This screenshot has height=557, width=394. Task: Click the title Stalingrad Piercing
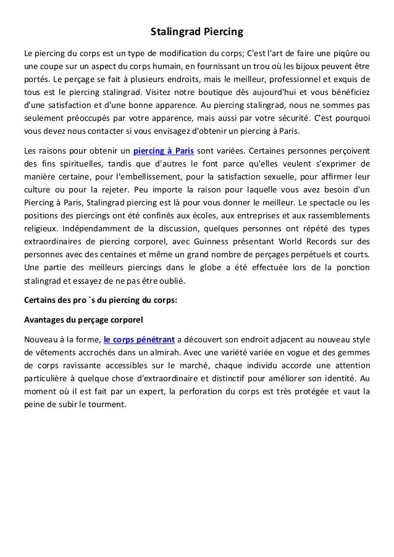(x=197, y=30)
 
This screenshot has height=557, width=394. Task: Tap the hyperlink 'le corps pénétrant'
(x=139, y=339)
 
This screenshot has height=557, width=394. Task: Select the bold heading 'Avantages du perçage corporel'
(x=83, y=320)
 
